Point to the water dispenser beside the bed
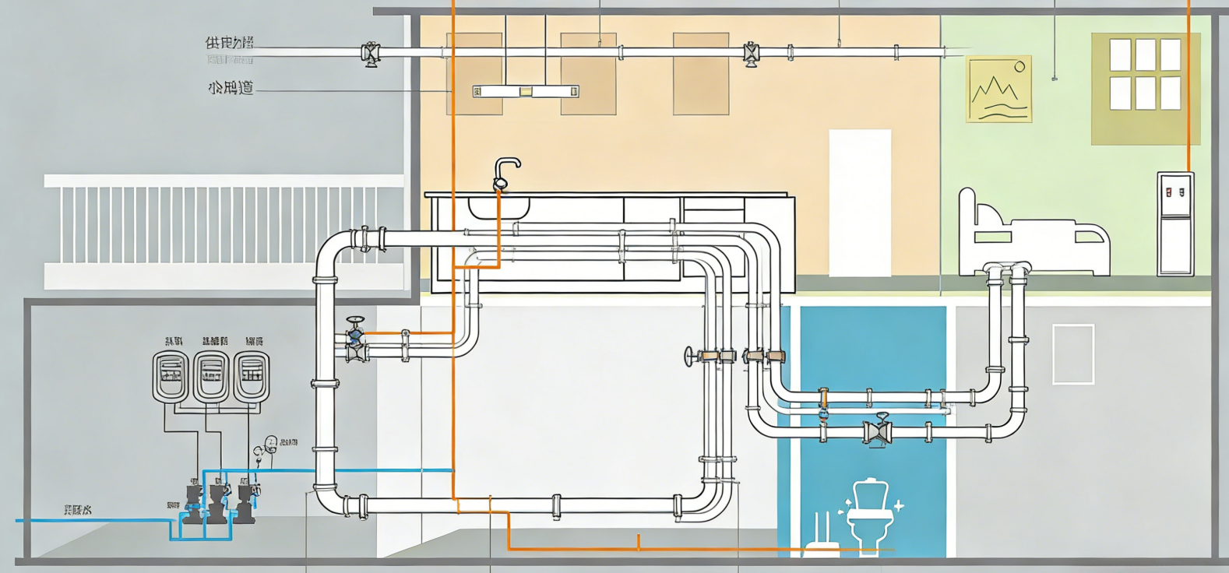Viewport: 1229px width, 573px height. [1175, 223]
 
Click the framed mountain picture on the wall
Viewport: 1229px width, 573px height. [998, 89]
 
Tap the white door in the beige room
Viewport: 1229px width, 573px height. [859, 202]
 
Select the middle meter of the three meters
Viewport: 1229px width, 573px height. [210, 376]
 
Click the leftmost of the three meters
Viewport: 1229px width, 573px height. [170, 376]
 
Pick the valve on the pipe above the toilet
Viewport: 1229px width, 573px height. [879, 431]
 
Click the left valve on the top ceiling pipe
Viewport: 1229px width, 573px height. [371, 54]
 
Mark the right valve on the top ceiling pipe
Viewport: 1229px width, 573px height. [751, 54]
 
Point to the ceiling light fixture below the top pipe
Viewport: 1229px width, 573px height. [526, 92]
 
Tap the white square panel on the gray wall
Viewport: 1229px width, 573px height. [1072, 354]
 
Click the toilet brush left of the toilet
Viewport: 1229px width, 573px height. [820, 533]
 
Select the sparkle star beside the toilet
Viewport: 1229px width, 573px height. [899, 505]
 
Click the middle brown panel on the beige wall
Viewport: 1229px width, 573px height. [588, 74]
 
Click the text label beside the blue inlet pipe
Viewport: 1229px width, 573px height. [77, 510]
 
